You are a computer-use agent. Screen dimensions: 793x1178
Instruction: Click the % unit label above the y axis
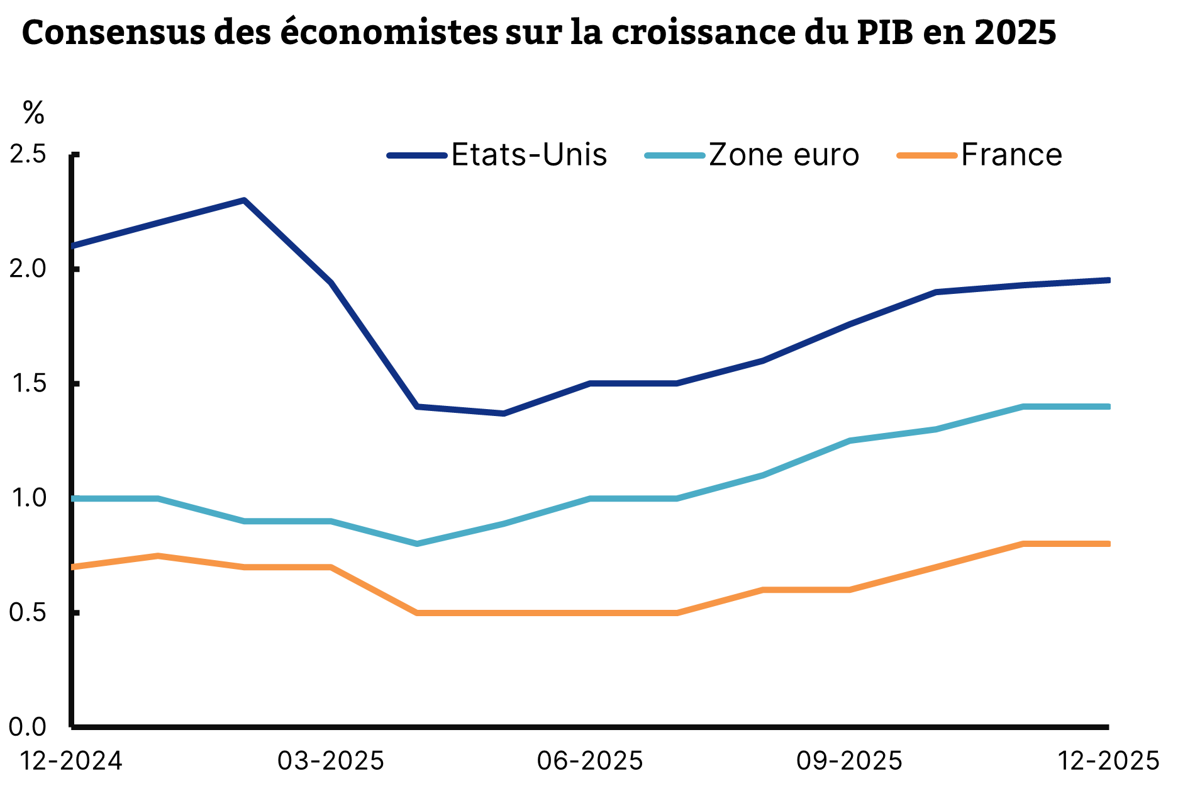pos(33,113)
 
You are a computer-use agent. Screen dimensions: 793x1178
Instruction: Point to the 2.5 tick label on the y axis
pos(28,154)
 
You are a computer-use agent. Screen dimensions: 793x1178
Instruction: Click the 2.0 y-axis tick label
pos(28,269)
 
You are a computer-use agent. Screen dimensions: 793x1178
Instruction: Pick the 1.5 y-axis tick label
pos(28,383)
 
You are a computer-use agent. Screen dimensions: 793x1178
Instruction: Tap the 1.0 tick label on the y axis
pos(28,498)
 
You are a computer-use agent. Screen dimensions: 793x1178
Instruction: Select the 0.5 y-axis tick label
pos(28,612)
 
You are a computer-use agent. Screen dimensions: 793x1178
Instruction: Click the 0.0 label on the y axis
pos(28,727)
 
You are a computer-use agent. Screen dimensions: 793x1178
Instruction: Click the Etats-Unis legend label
pos(529,155)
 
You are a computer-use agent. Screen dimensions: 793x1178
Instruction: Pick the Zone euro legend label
pos(784,155)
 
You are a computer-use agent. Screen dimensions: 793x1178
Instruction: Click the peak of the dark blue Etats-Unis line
pos(244,200)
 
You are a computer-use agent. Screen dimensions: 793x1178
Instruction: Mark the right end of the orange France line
pos(1108,544)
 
